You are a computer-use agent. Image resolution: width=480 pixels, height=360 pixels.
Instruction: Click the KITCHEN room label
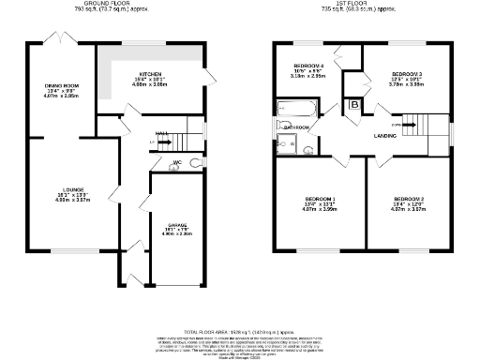tap(150, 73)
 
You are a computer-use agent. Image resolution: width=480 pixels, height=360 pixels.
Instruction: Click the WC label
tap(176, 162)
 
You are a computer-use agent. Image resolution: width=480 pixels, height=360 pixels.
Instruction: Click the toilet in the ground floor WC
tap(194, 163)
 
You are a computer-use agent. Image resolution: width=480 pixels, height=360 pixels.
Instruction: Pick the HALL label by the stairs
tap(161, 133)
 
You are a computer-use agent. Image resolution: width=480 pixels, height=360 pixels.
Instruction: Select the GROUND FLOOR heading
tap(106, 5)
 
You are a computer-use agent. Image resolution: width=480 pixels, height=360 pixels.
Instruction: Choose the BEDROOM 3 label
tap(407, 73)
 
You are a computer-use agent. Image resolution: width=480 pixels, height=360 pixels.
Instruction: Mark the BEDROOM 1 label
tap(320, 199)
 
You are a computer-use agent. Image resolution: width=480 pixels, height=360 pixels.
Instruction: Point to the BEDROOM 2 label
tap(410, 200)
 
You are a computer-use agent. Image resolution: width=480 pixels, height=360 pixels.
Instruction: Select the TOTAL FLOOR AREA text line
tap(240, 307)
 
